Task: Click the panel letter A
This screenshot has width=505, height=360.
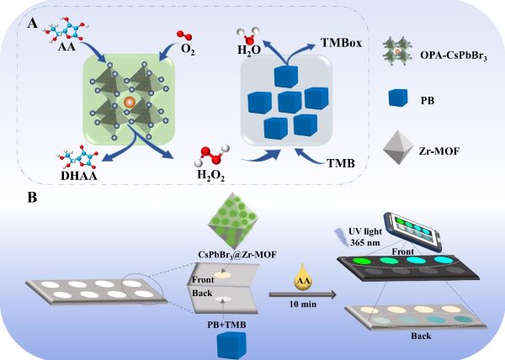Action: [32, 24]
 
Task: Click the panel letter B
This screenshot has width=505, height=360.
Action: [32, 197]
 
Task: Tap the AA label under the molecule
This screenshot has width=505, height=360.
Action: [66, 47]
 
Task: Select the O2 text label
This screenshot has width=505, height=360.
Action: [188, 50]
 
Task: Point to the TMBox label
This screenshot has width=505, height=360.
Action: [341, 43]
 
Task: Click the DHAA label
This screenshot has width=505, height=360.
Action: [79, 176]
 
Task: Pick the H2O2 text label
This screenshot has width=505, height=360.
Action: [211, 175]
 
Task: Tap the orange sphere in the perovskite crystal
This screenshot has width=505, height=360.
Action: [130, 102]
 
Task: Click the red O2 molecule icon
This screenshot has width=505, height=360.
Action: [183, 35]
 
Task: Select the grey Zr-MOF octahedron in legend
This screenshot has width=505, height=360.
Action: [398, 147]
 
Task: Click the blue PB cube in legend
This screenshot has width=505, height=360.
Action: [398, 98]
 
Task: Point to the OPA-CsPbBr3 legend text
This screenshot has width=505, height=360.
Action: [454, 56]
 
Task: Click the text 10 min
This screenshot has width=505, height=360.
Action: [303, 304]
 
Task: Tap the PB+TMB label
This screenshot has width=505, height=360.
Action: [226, 325]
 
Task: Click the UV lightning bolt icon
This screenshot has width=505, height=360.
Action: [340, 236]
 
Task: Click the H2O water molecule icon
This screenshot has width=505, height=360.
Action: [248, 37]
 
